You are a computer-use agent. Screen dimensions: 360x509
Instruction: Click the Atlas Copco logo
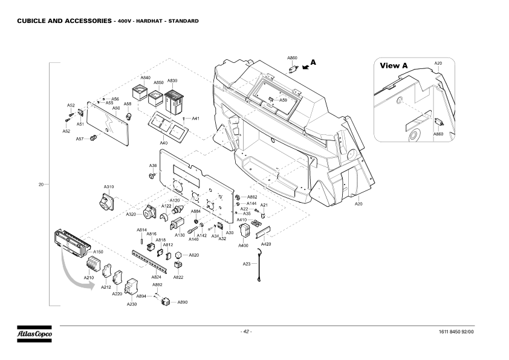tap(34, 334)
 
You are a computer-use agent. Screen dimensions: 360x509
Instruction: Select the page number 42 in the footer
tap(246, 332)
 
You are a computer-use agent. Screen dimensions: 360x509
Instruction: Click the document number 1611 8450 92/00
tap(465, 332)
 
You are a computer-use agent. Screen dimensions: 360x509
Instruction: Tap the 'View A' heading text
tap(394, 65)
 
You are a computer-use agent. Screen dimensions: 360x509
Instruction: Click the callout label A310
tap(109, 186)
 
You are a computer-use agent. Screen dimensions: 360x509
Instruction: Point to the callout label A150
tap(98, 251)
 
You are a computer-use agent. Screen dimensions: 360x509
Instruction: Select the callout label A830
tap(172, 80)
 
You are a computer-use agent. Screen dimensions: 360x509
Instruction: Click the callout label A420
tap(266, 243)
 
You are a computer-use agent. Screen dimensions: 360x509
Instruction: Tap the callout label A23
tap(247, 264)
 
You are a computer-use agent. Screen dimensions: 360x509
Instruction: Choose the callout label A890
tap(183, 302)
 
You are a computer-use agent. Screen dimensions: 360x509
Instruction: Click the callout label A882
tap(252, 197)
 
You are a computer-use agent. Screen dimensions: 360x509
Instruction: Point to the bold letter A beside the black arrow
tap(313, 62)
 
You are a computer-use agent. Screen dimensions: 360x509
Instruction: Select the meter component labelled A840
tap(140, 95)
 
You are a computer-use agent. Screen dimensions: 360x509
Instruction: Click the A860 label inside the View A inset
tap(438, 134)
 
